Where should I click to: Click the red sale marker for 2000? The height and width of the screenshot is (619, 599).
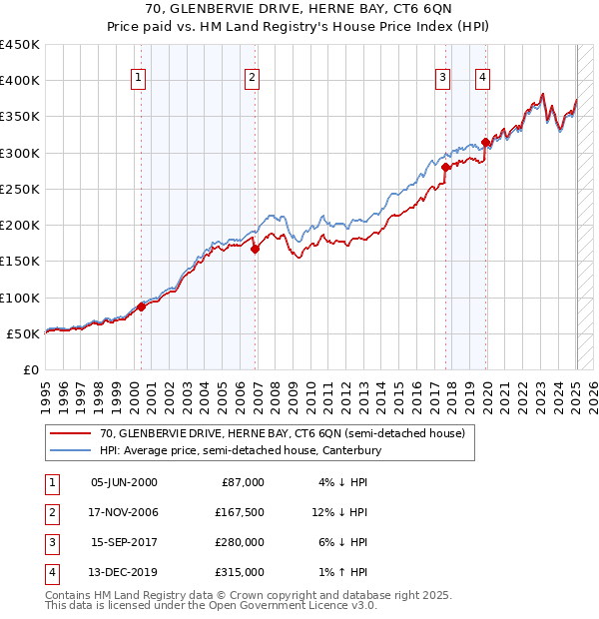[x=141, y=307]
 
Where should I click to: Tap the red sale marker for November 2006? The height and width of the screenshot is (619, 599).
[x=255, y=250]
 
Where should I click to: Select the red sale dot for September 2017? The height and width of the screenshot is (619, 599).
[x=446, y=168]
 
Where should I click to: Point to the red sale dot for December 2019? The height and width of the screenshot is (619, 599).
[x=485, y=142]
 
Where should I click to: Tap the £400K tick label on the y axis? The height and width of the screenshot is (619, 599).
[x=19, y=81]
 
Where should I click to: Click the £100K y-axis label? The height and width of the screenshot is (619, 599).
[x=19, y=298]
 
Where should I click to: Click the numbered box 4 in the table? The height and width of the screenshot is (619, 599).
[x=49, y=572]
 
